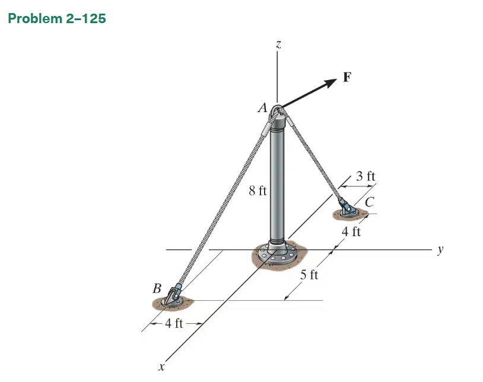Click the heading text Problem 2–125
57,18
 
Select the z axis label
278,44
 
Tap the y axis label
440,250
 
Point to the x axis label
161,368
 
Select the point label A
262,108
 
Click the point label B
157,289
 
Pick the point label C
369,202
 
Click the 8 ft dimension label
258,191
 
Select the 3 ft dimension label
366,176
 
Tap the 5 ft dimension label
309,275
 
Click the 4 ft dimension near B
174,323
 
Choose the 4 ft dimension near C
351,231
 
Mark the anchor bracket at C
346,208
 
